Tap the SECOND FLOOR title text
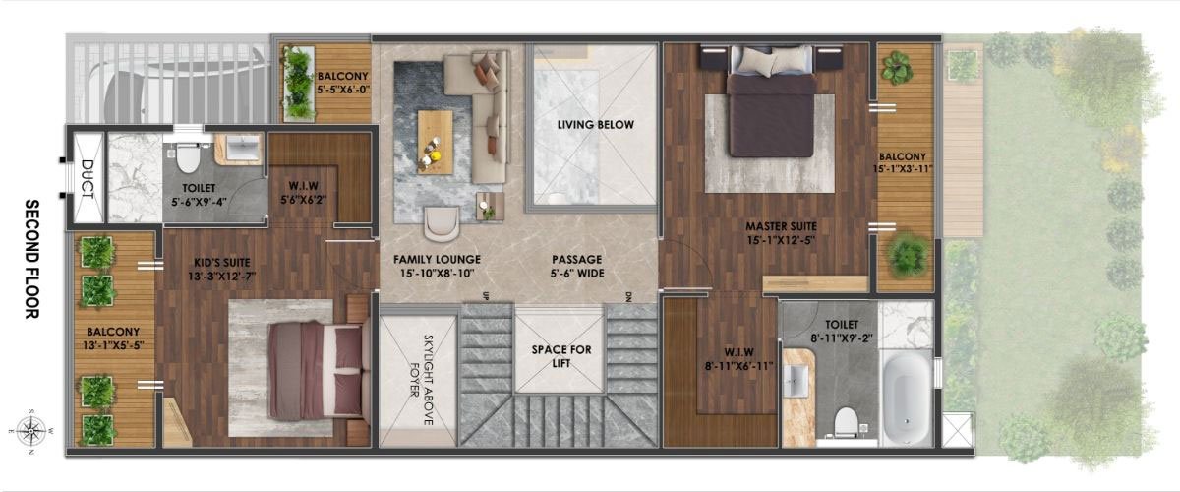click(30, 261)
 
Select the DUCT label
click(87, 179)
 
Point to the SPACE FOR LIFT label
click(559, 356)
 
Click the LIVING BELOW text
click(595, 125)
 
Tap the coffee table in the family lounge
click(435, 136)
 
